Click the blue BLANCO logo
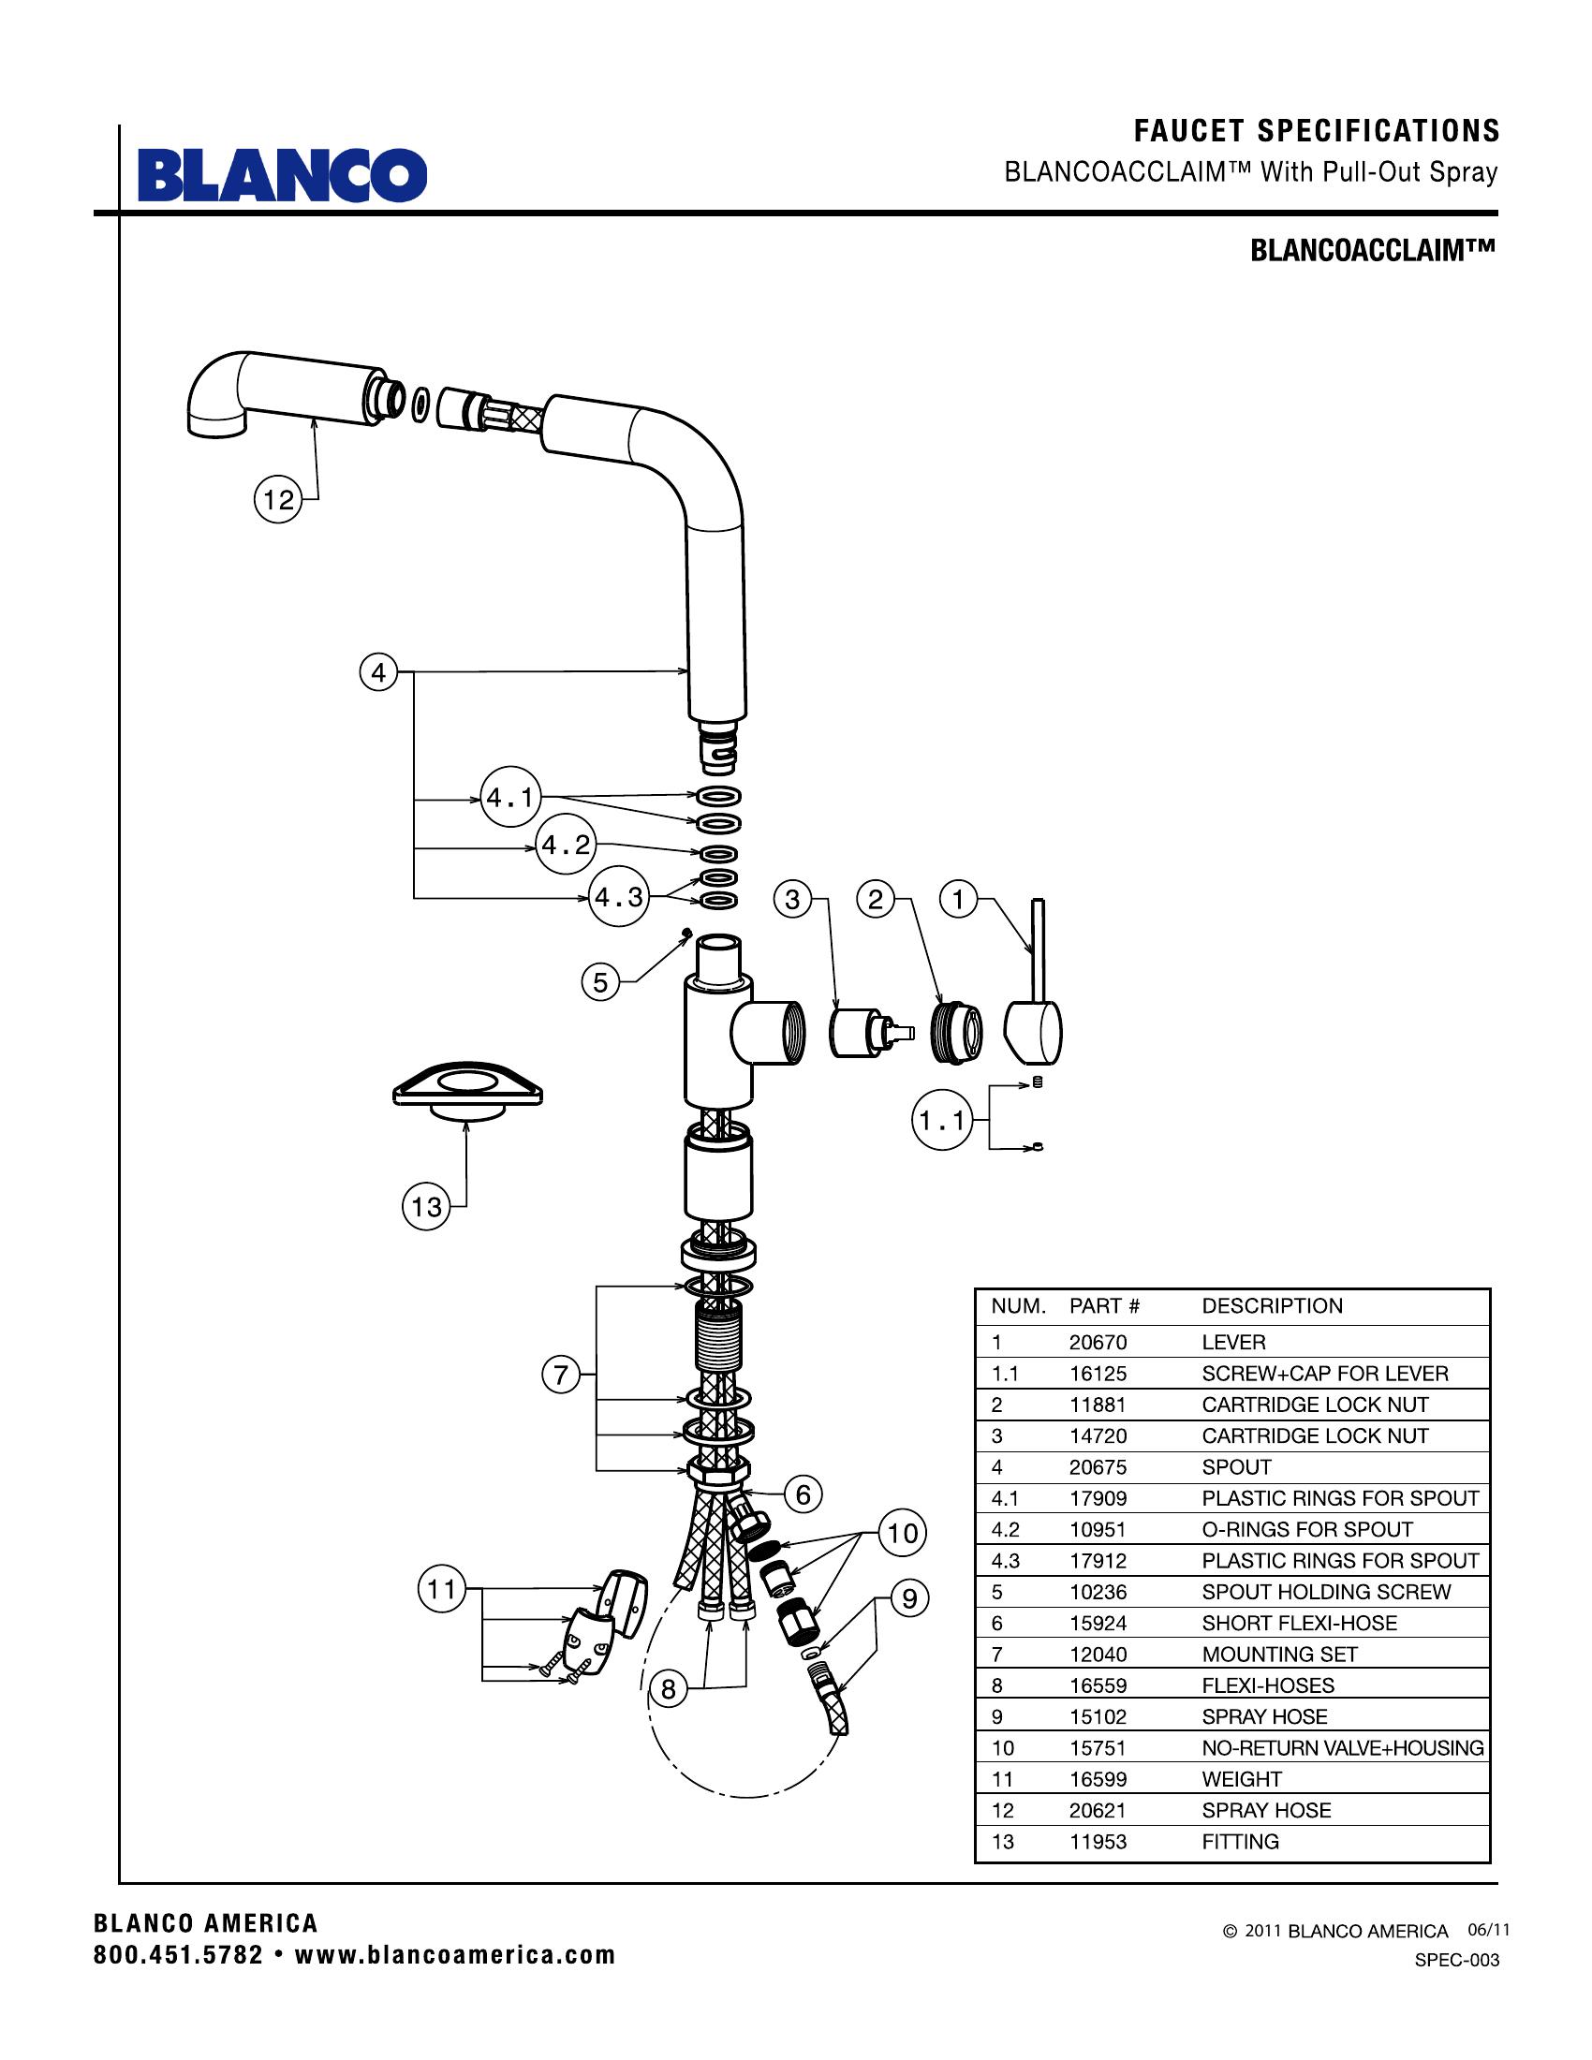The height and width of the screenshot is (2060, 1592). click(282, 174)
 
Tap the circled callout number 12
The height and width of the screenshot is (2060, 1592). click(278, 499)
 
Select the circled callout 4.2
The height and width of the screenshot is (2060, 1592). click(566, 845)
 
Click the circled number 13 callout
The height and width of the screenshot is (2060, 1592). click(426, 1205)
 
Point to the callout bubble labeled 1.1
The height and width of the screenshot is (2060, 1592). click(942, 1121)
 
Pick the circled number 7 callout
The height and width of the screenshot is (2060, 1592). click(561, 1375)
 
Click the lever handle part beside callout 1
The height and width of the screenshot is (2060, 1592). click(1035, 1009)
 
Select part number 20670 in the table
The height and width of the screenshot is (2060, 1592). click(1098, 1342)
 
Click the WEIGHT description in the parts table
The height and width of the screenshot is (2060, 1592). click(1241, 1779)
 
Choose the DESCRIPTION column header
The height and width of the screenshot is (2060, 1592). click(1272, 1305)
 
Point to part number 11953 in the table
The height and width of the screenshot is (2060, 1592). click(1098, 1841)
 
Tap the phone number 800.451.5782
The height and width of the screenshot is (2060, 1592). click(178, 1955)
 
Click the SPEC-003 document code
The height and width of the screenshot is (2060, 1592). click(1456, 1960)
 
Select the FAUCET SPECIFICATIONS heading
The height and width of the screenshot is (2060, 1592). click(1316, 130)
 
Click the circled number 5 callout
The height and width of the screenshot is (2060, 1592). click(601, 983)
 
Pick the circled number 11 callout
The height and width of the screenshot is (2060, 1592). click(441, 1589)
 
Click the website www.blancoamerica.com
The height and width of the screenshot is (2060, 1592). click(454, 1955)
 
